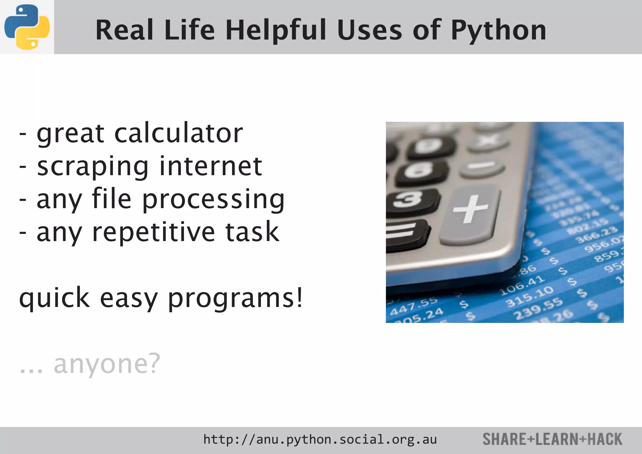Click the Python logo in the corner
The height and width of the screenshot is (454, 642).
coord(27,27)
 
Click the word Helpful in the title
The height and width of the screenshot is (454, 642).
coord(276,30)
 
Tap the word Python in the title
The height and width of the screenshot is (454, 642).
coord(498,31)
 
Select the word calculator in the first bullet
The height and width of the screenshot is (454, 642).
coord(179,133)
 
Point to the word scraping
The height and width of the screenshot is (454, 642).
coord(93,167)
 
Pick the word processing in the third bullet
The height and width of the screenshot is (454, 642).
coord(213,200)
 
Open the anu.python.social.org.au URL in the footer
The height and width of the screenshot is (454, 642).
coord(320,440)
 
